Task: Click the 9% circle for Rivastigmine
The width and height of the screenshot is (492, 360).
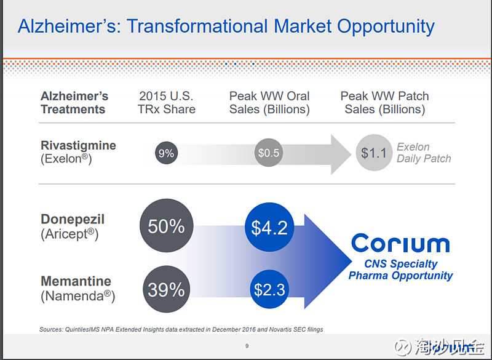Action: [166, 153]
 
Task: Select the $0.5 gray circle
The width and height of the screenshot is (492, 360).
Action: [268, 153]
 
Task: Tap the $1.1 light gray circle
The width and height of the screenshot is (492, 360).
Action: [373, 153]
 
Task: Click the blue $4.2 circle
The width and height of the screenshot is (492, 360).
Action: [269, 227]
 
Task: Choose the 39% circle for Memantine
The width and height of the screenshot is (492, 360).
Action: [166, 289]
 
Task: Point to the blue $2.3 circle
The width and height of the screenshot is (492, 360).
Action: [269, 289]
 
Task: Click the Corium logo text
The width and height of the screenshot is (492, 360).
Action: [400, 244]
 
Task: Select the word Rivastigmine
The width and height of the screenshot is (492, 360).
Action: [78, 146]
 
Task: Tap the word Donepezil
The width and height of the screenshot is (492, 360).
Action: [73, 219]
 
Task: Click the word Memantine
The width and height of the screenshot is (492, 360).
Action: [75, 281]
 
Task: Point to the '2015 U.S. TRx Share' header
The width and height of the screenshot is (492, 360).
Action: [167, 103]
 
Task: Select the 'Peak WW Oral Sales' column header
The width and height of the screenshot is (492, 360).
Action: [269, 103]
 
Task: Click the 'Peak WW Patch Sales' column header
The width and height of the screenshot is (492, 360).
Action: [384, 103]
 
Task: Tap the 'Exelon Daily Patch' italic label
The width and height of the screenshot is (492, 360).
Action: [423, 153]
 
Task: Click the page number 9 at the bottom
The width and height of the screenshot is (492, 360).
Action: [247, 346]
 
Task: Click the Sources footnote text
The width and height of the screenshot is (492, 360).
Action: [181, 329]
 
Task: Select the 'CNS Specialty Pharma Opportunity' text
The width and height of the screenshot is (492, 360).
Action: [400, 270]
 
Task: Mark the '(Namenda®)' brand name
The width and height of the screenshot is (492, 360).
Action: [77, 296]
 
